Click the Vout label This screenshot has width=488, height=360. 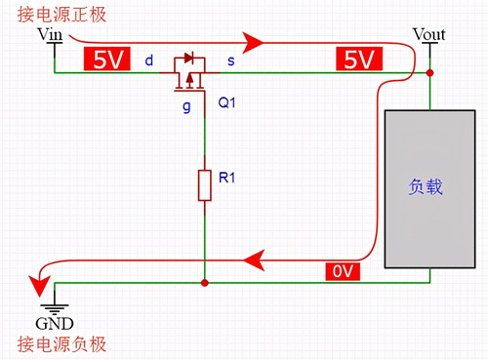[429, 35]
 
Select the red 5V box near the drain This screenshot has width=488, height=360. [105, 60]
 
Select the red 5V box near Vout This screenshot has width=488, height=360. [358, 60]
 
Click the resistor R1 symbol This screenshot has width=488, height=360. [204, 184]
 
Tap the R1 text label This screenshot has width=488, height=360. [227, 178]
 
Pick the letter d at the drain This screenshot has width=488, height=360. [148, 60]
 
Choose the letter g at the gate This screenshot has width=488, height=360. [186, 105]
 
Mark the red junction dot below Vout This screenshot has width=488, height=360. [430, 73]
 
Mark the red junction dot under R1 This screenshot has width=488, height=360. [204, 283]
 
